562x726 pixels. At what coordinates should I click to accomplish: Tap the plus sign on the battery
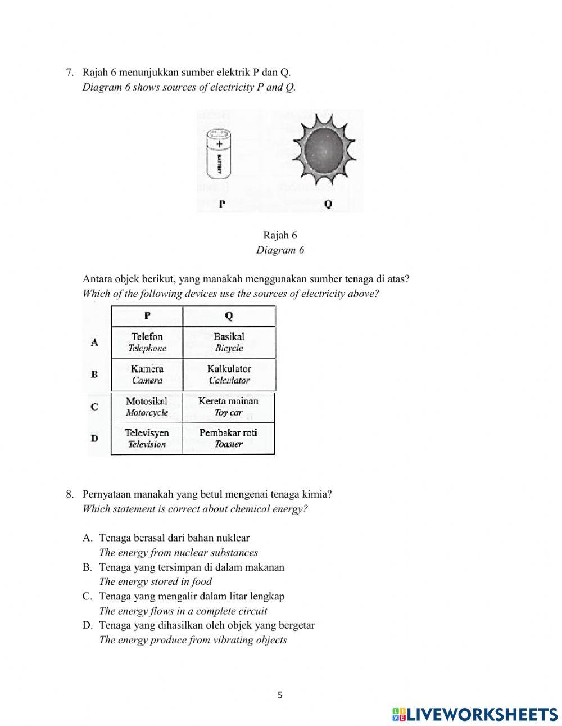[219, 144]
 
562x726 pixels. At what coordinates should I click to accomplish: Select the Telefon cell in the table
[147, 342]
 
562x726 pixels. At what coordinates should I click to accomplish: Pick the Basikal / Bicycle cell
[229, 342]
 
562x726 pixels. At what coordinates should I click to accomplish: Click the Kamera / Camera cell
[147, 374]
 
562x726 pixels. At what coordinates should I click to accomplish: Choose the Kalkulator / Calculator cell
[229, 374]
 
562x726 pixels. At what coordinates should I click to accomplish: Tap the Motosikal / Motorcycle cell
[147, 407]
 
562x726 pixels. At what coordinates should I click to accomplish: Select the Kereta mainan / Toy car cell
[228, 407]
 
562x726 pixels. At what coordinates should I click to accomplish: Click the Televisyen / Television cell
[147, 438]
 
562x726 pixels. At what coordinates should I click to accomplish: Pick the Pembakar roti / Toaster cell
[228, 438]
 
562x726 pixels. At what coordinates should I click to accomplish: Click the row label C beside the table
[94, 406]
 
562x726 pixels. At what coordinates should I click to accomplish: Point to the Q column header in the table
[229, 316]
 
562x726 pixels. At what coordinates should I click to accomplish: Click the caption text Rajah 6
[280, 235]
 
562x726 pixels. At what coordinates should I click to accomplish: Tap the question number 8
[69, 494]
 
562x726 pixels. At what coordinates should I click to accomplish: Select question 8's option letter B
[87, 567]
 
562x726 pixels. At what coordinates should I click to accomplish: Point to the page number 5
[280, 695]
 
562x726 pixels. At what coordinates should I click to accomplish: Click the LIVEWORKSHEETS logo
[475, 714]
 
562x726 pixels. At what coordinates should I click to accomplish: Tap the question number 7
[69, 72]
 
